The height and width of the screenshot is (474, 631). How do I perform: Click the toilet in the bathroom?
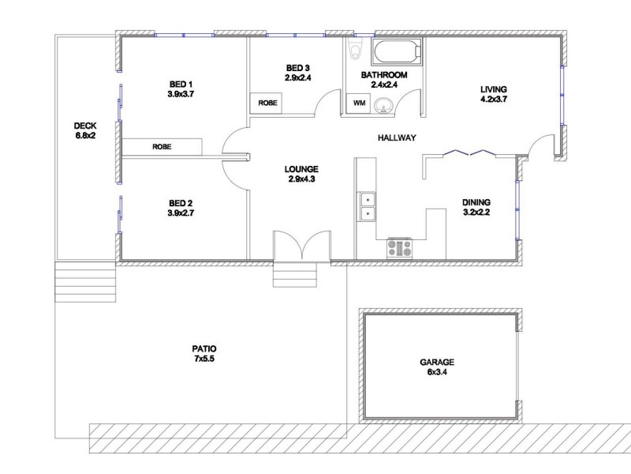click(x=355, y=51)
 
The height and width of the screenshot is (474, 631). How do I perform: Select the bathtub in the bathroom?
click(x=397, y=53)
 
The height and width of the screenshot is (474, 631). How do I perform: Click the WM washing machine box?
click(x=359, y=103)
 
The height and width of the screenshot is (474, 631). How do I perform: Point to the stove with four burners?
click(x=399, y=248)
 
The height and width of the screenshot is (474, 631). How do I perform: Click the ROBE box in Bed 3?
click(x=267, y=103)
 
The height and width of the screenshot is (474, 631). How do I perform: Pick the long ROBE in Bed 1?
click(x=162, y=147)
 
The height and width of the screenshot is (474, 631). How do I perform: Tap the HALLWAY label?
click(x=396, y=138)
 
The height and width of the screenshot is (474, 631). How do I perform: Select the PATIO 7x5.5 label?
click(x=203, y=353)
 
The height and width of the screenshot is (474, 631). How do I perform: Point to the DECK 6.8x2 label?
click(x=84, y=130)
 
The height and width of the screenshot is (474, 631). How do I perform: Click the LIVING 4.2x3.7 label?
click(x=493, y=94)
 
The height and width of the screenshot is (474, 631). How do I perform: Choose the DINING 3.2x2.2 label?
click(x=476, y=207)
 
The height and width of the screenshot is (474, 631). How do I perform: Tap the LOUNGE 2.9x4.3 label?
click(x=301, y=174)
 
